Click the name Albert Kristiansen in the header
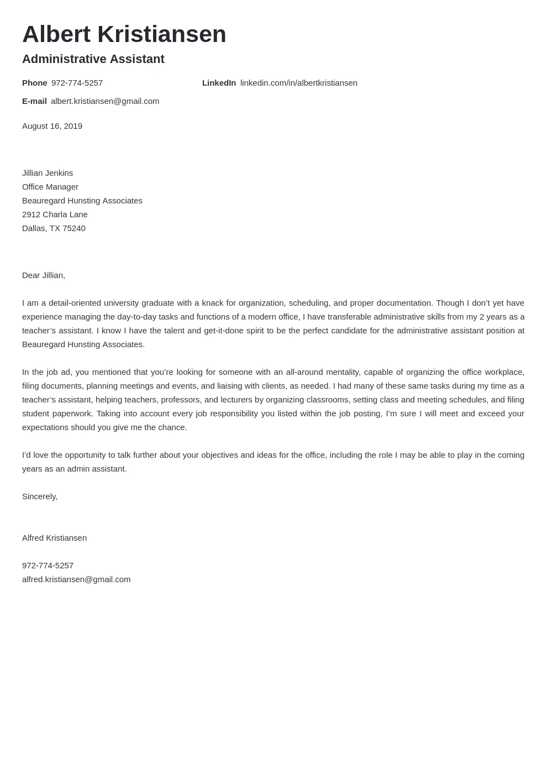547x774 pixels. [x=124, y=34]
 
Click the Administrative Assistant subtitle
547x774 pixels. [x=93, y=59]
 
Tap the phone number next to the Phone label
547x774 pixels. [x=77, y=83]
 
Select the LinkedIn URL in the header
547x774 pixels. [x=298, y=83]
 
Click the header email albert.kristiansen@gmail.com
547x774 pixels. [x=105, y=101]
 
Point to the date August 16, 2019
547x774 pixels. [x=52, y=126]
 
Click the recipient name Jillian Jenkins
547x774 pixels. [x=48, y=173]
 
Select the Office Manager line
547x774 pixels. [x=50, y=187]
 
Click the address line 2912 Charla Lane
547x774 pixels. [x=55, y=215]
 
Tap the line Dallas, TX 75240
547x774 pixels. [x=54, y=228]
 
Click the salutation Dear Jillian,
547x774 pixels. [x=44, y=275]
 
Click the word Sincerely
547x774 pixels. [x=39, y=496]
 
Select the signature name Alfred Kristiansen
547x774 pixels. [x=54, y=538]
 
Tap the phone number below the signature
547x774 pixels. [x=48, y=566]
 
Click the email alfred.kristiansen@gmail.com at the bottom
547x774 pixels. [x=76, y=579]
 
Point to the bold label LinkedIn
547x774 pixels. [x=219, y=83]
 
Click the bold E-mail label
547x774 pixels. [x=34, y=101]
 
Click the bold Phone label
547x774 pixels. [x=34, y=83]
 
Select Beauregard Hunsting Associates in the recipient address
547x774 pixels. [x=82, y=201]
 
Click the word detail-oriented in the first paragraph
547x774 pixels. [x=72, y=303]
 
